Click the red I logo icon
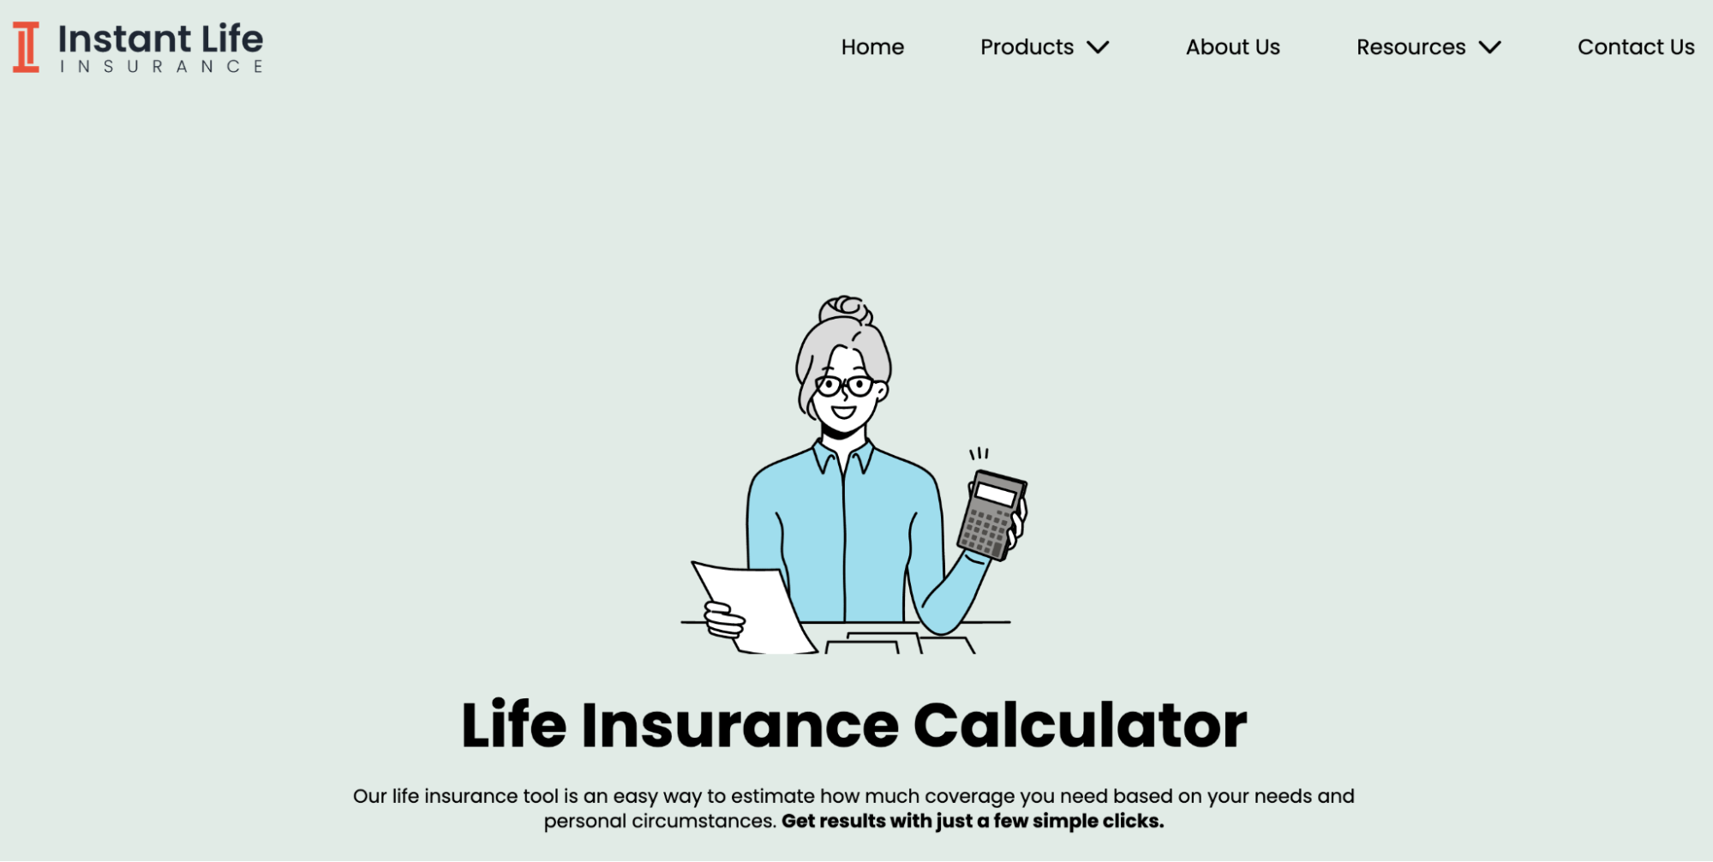26,47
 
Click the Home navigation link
872,47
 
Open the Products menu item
1027,47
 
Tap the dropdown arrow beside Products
1098,47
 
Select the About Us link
1232,47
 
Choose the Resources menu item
1411,47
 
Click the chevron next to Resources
1490,47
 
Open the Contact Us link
1636,47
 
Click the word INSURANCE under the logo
161,67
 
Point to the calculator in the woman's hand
991,515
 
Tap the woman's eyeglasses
844,386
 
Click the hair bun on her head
845,308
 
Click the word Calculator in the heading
1080,726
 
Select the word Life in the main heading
513,724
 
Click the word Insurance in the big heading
740,726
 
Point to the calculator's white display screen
996,494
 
